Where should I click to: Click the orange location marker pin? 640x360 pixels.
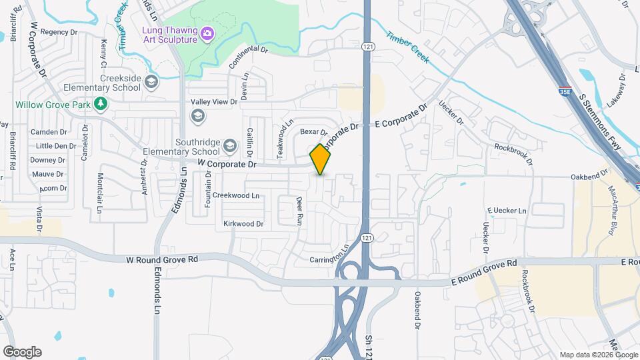[x=321, y=159]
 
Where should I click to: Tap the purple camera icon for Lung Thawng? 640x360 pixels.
[x=207, y=32]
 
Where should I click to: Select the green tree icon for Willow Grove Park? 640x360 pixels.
[x=101, y=103]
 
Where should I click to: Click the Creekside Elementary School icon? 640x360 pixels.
[x=151, y=82]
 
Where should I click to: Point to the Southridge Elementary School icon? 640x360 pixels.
[x=229, y=145]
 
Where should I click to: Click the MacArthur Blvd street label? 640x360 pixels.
[x=611, y=211]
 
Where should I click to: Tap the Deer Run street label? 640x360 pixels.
[x=300, y=210]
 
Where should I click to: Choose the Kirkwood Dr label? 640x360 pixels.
[x=243, y=224]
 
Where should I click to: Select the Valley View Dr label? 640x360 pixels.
[x=215, y=101]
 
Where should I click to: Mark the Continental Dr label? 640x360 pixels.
[x=248, y=58]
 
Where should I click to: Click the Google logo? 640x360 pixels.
[x=22, y=352]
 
